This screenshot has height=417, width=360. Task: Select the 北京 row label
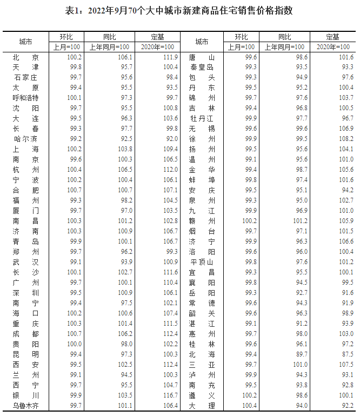coord(25,57)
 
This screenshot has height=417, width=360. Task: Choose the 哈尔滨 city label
coord(25,139)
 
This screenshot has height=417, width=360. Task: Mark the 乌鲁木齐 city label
coord(25,406)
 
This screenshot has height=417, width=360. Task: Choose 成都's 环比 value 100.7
coord(74,334)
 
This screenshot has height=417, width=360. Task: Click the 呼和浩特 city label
coord(25,98)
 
